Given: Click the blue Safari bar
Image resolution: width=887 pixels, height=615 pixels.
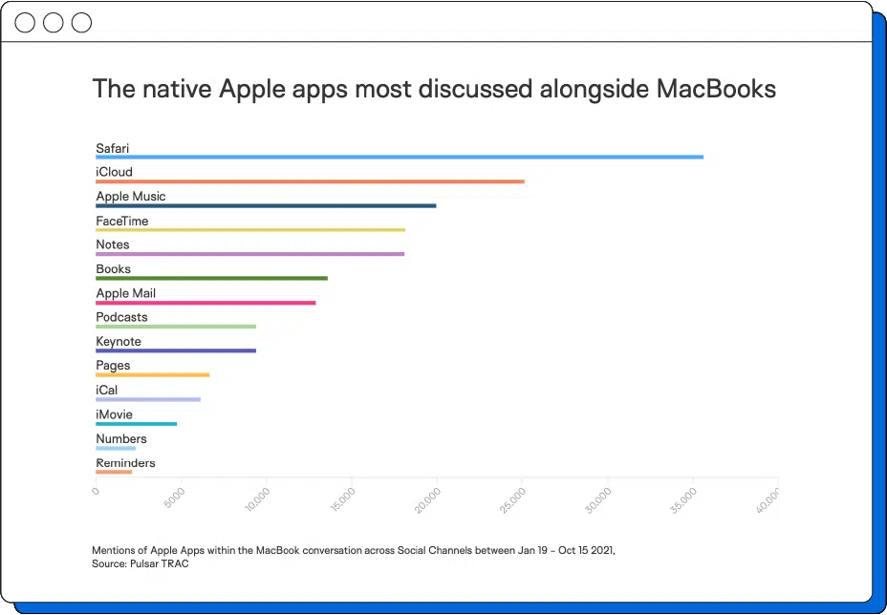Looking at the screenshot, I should [400, 157].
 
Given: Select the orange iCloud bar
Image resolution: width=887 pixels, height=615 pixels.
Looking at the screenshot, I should [310, 181].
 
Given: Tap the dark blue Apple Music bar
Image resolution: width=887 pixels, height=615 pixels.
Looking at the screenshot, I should [266, 205].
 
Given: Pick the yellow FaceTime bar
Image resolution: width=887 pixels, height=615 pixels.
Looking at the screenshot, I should [250, 230].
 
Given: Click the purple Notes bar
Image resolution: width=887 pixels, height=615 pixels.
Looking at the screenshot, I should [249, 254].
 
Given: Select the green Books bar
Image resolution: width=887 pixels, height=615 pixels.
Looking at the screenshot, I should [211, 278].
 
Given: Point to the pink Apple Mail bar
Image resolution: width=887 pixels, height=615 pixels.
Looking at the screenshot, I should [206, 303].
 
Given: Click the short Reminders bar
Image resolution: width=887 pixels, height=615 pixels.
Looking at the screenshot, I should [114, 472].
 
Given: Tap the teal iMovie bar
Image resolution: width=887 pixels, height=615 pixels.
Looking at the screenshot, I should [136, 423].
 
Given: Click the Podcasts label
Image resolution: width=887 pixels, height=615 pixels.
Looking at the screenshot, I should [121, 317].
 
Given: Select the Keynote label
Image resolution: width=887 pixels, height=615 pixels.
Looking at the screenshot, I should [119, 341].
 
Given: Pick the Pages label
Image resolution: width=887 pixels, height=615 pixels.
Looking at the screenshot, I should [113, 366].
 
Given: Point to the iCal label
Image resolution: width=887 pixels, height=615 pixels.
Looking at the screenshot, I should [107, 390].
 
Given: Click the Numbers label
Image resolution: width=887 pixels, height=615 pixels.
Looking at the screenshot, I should [121, 439].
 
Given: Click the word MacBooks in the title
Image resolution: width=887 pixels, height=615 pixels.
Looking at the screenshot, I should [716, 89].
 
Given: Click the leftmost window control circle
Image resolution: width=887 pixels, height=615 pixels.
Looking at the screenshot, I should [25, 22].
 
